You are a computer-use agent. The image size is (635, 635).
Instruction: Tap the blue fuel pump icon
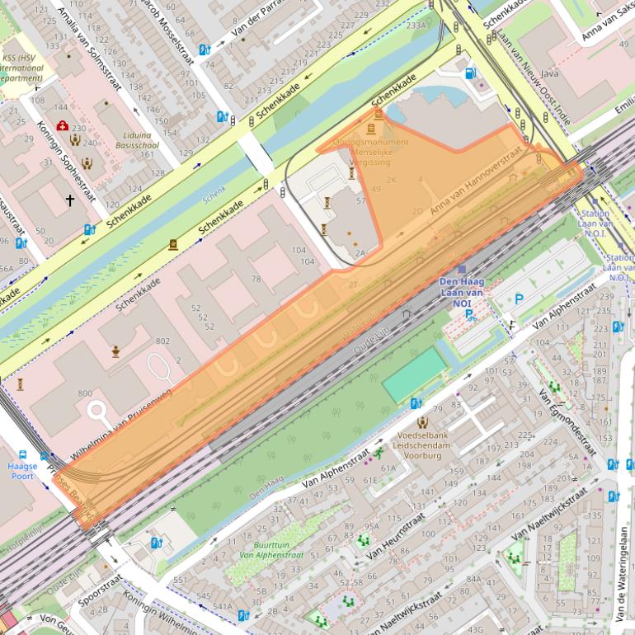click(x=471, y=73)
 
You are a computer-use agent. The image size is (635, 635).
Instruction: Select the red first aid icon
click(x=62, y=126)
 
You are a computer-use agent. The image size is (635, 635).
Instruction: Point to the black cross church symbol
click(x=70, y=200)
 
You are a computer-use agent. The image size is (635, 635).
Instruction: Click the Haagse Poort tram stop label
click(x=22, y=471)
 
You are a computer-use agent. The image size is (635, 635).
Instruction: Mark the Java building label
click(x=549, y=73)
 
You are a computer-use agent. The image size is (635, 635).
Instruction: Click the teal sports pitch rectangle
click(x=412, y=375)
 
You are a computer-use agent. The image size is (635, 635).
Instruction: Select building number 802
click(x=162, y=341)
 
